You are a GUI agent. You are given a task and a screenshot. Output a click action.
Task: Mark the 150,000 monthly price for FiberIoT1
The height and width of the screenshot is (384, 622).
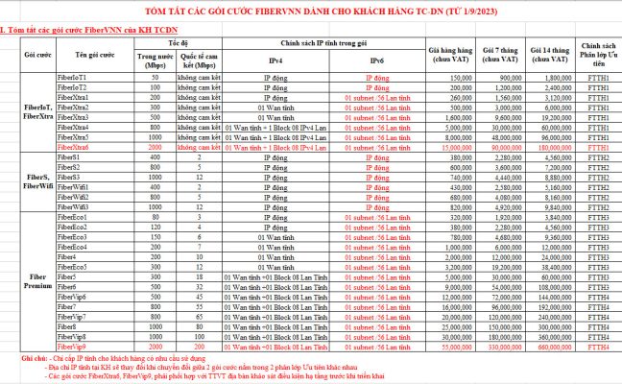point(459,76)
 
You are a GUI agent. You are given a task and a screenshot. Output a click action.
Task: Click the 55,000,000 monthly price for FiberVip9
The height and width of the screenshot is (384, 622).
point(457,345)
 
